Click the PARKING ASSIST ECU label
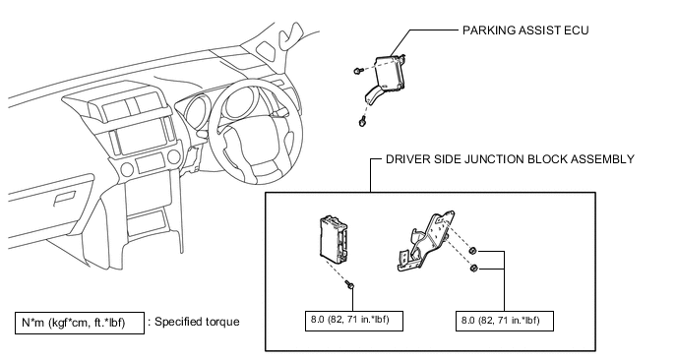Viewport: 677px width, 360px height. point(525,30)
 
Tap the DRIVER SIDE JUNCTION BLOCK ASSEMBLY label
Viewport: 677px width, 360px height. point(510,159)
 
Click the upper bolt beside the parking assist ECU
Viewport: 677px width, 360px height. point(357,71)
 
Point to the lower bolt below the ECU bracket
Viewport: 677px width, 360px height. point(362,122)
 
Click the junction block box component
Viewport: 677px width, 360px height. point(335,239)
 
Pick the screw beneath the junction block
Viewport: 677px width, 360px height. point(350,285)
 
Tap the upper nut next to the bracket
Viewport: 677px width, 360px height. point(472,251)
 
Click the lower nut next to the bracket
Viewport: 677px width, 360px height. point(473,269)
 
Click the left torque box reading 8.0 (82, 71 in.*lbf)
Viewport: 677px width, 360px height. point(354,321)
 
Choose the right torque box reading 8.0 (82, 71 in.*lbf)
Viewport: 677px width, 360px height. point(504,321)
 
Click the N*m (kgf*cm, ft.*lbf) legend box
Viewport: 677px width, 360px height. point(80,323)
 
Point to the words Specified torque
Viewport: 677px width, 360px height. point(197,322)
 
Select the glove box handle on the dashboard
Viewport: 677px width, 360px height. point(64,198)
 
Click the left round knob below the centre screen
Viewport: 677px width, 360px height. point(127,169)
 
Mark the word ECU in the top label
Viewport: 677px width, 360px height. point(577,30)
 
